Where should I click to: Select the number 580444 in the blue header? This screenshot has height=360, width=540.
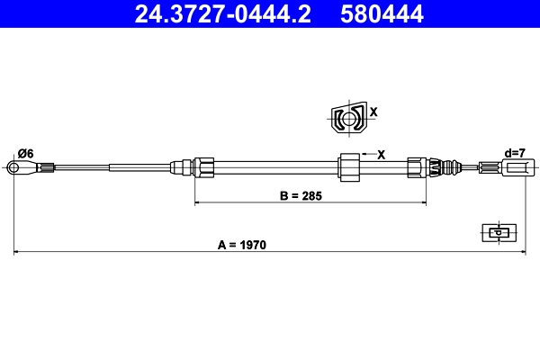tap(382, 13)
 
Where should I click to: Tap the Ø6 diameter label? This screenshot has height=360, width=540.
tap(24, 154)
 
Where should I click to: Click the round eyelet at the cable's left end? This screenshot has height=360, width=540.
tap(13, 166)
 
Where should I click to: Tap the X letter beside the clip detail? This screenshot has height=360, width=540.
tap(373, 113)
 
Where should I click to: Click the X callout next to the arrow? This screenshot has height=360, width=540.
tap(381, 154)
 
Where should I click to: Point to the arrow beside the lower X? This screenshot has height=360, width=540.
tap(364, 154)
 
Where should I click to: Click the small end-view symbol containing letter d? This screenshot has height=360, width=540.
tap(496, 232)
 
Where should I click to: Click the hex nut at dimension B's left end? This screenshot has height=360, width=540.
tap(204, 166)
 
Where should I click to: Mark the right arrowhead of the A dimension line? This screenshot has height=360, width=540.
tap(521, 253)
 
